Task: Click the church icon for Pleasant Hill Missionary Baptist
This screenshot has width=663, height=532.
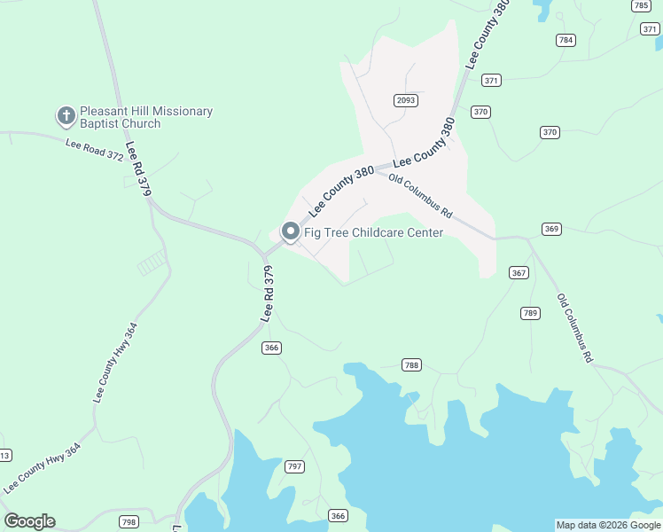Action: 66,116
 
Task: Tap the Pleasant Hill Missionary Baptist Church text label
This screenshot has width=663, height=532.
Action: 146,117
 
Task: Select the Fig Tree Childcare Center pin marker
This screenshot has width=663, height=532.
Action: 290,231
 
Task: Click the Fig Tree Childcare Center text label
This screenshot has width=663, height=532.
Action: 373,232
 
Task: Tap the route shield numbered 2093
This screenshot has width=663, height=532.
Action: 406,101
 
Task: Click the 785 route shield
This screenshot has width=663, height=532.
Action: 642,5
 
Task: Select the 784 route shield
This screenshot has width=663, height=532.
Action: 565,40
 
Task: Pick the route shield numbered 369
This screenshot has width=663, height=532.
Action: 552,230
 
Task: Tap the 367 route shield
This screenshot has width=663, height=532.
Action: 519,272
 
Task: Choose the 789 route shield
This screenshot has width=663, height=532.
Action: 530,313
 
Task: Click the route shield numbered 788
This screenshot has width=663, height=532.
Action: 410,364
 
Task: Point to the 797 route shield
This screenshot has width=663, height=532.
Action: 295,466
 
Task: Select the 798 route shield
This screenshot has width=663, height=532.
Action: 129,521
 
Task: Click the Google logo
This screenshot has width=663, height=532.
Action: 29,521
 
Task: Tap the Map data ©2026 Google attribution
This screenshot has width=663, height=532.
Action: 608,525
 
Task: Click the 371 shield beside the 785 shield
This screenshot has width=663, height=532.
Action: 650,29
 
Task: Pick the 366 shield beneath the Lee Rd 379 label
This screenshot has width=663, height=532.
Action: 271,348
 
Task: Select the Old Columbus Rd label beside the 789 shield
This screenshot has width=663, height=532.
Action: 575,328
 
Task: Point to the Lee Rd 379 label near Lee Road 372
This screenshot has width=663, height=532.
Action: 136,168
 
